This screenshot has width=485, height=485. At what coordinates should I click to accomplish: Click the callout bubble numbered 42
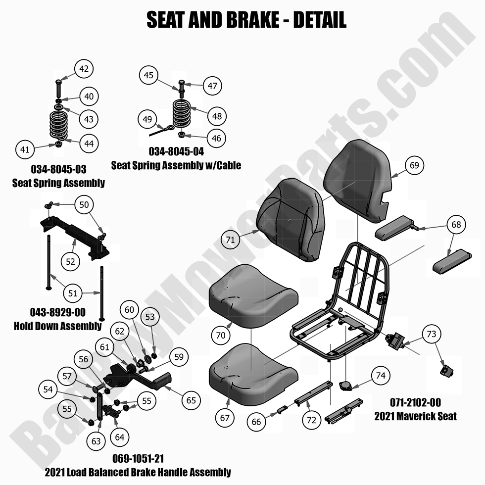point(84,69)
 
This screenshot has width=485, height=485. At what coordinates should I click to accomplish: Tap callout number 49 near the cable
point(147,120)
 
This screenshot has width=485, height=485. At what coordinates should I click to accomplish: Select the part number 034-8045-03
point(58,170)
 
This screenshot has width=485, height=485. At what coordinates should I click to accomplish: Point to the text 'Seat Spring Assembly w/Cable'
point(176,165)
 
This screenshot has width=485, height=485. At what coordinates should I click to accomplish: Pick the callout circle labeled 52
point(71,262)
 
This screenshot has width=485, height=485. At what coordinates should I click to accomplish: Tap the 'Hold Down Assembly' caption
point(58,326)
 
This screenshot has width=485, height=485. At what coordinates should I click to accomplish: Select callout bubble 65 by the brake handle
point(192,400)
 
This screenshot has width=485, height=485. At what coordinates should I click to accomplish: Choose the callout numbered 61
point(104,348)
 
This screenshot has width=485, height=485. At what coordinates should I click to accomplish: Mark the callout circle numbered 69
point(414,165)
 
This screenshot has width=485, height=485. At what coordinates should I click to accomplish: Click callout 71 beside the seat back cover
point(230,240)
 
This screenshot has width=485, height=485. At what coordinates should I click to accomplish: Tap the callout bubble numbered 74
point(380,376)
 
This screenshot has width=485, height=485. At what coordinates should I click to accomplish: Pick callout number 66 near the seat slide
point(256,422)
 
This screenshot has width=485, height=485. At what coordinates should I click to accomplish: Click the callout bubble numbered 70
point(221,335)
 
